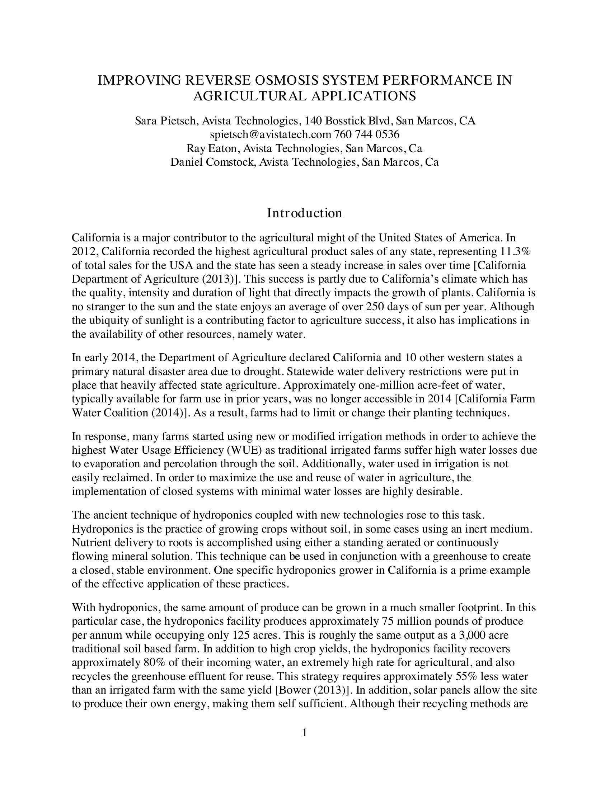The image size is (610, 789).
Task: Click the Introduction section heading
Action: (304, 213)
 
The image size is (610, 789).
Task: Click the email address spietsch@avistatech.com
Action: (270, 135)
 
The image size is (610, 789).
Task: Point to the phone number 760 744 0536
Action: (367, 135)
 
